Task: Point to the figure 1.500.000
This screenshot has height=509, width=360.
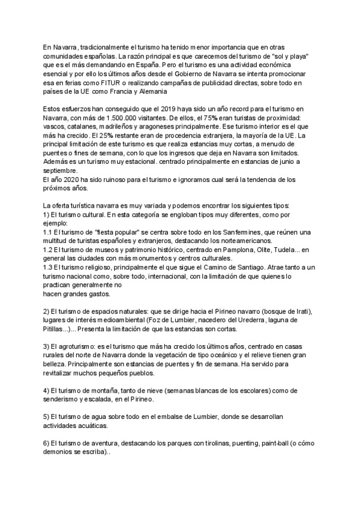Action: tap(111, 118)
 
